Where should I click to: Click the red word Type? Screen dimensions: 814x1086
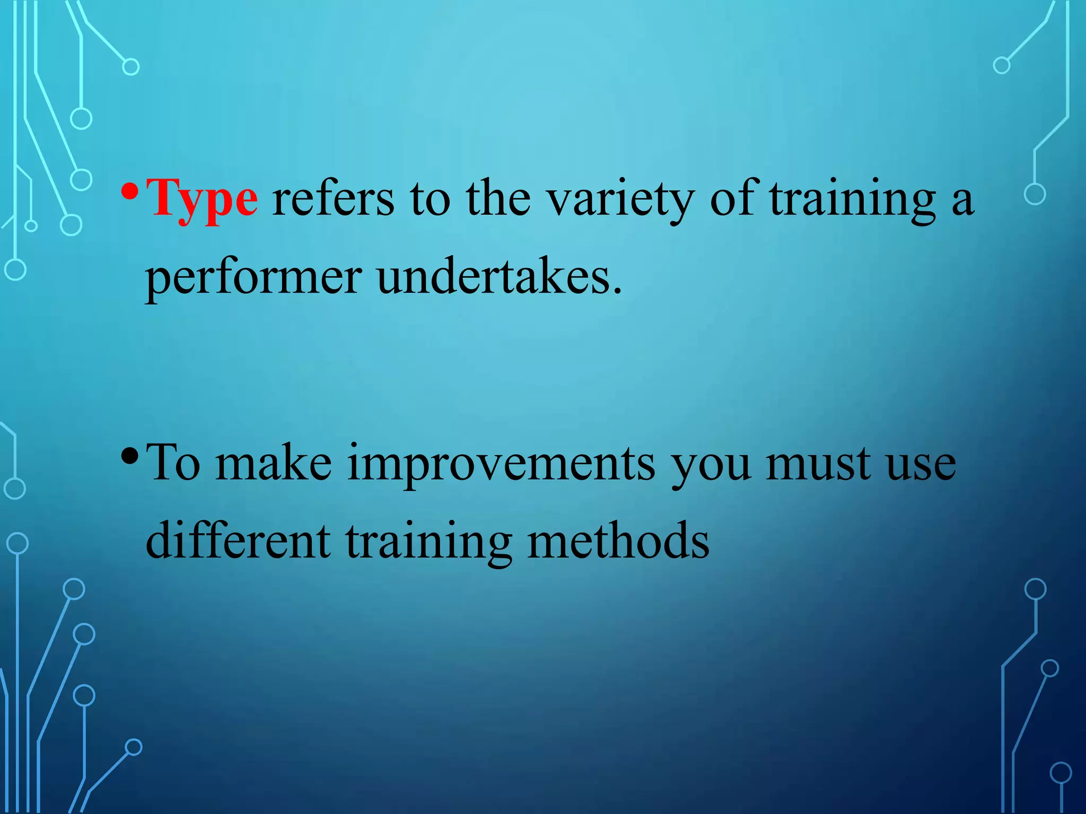[x=202, y=199]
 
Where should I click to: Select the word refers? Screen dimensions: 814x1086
[x=333, y=199]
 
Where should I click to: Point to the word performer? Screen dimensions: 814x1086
[x=253, y=278]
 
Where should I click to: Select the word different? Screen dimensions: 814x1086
[x=238, y=542]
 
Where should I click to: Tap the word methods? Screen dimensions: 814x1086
[x=618, y=542]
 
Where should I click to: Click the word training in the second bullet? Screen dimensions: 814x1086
[x=428, y=542]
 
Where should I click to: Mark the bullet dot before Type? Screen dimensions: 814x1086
[x=129, y=190]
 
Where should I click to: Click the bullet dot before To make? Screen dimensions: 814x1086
[x=129, y=455]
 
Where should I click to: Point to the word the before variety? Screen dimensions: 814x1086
[x=498, y=199]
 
